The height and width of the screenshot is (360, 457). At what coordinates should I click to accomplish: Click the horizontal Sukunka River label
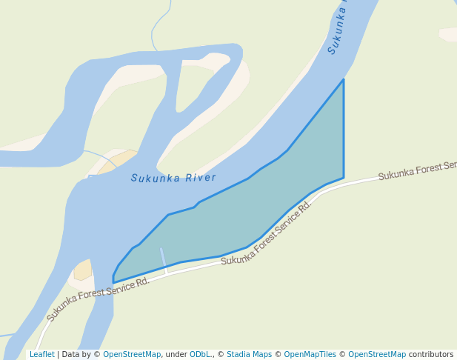173,178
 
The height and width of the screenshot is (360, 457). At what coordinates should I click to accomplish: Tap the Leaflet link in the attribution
41,354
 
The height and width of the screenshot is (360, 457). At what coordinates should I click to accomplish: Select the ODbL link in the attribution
200,354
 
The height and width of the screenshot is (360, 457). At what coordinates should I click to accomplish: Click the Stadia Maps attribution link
249,354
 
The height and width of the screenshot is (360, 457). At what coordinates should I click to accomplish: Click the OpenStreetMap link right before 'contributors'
376,354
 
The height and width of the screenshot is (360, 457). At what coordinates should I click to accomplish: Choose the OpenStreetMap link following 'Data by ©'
131,354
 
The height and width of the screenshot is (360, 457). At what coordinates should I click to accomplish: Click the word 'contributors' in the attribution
430,354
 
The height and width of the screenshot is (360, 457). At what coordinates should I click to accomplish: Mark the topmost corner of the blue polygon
344,79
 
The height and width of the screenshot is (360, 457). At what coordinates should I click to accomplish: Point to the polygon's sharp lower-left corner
113,282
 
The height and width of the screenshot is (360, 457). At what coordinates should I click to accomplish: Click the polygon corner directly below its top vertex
344,178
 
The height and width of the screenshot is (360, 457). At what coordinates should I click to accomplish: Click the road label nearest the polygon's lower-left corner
98,299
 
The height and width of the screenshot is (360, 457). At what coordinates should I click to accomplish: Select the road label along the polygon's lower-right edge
266,234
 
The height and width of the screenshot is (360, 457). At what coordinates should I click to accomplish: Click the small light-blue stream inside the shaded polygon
163,260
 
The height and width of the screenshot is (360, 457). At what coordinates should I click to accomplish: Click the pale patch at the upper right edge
448,33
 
